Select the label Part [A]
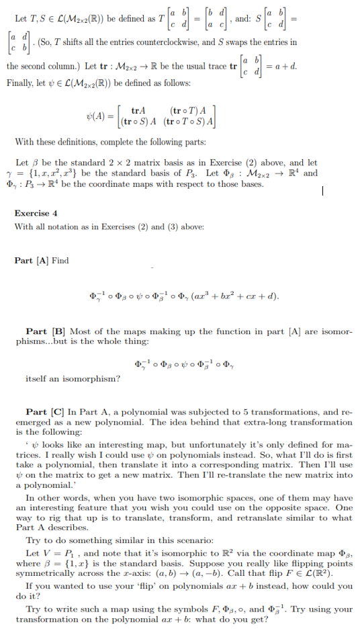tap(33, 261)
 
